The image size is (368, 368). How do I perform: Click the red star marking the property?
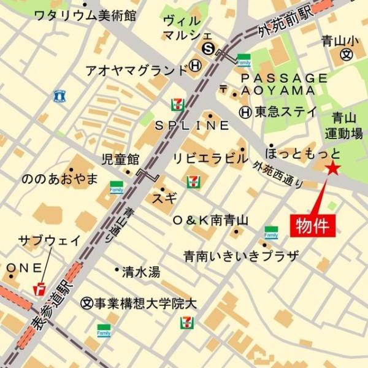point(333,169)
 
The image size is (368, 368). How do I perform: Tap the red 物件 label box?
point(312,224)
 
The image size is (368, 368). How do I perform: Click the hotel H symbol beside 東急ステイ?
point(245,112)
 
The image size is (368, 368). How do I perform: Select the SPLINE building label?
point(191,125)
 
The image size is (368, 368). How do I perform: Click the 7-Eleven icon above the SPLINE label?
point(177,103)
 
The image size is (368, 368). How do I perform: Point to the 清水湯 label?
point(140,270)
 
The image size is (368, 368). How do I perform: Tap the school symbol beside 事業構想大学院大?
point(86,302)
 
